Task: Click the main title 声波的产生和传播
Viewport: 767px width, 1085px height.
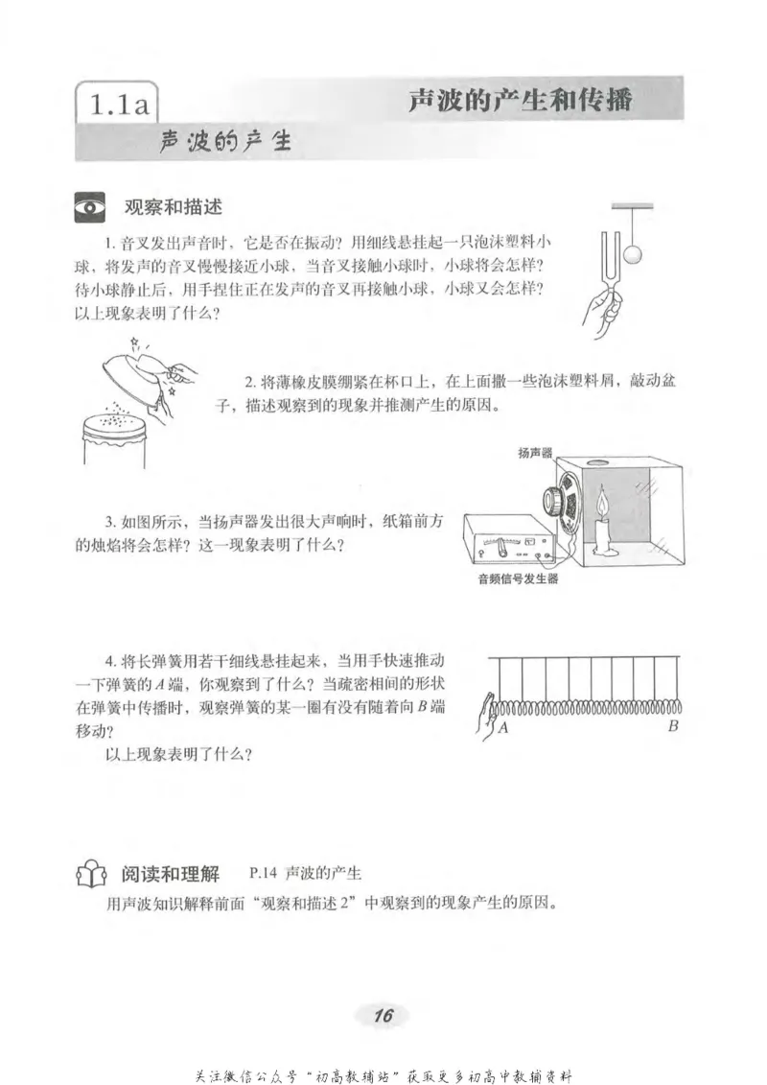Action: pos(520,100)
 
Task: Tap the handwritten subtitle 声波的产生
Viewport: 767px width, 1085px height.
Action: pos(225,142)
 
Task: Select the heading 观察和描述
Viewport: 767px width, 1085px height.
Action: pos(174,207)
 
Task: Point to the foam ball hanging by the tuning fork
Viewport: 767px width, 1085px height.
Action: pos(632,254)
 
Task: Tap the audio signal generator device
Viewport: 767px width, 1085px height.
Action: pos(508,542)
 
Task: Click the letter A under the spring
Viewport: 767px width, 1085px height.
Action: pos(502,728)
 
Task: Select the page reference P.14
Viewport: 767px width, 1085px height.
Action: pos(262,874)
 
